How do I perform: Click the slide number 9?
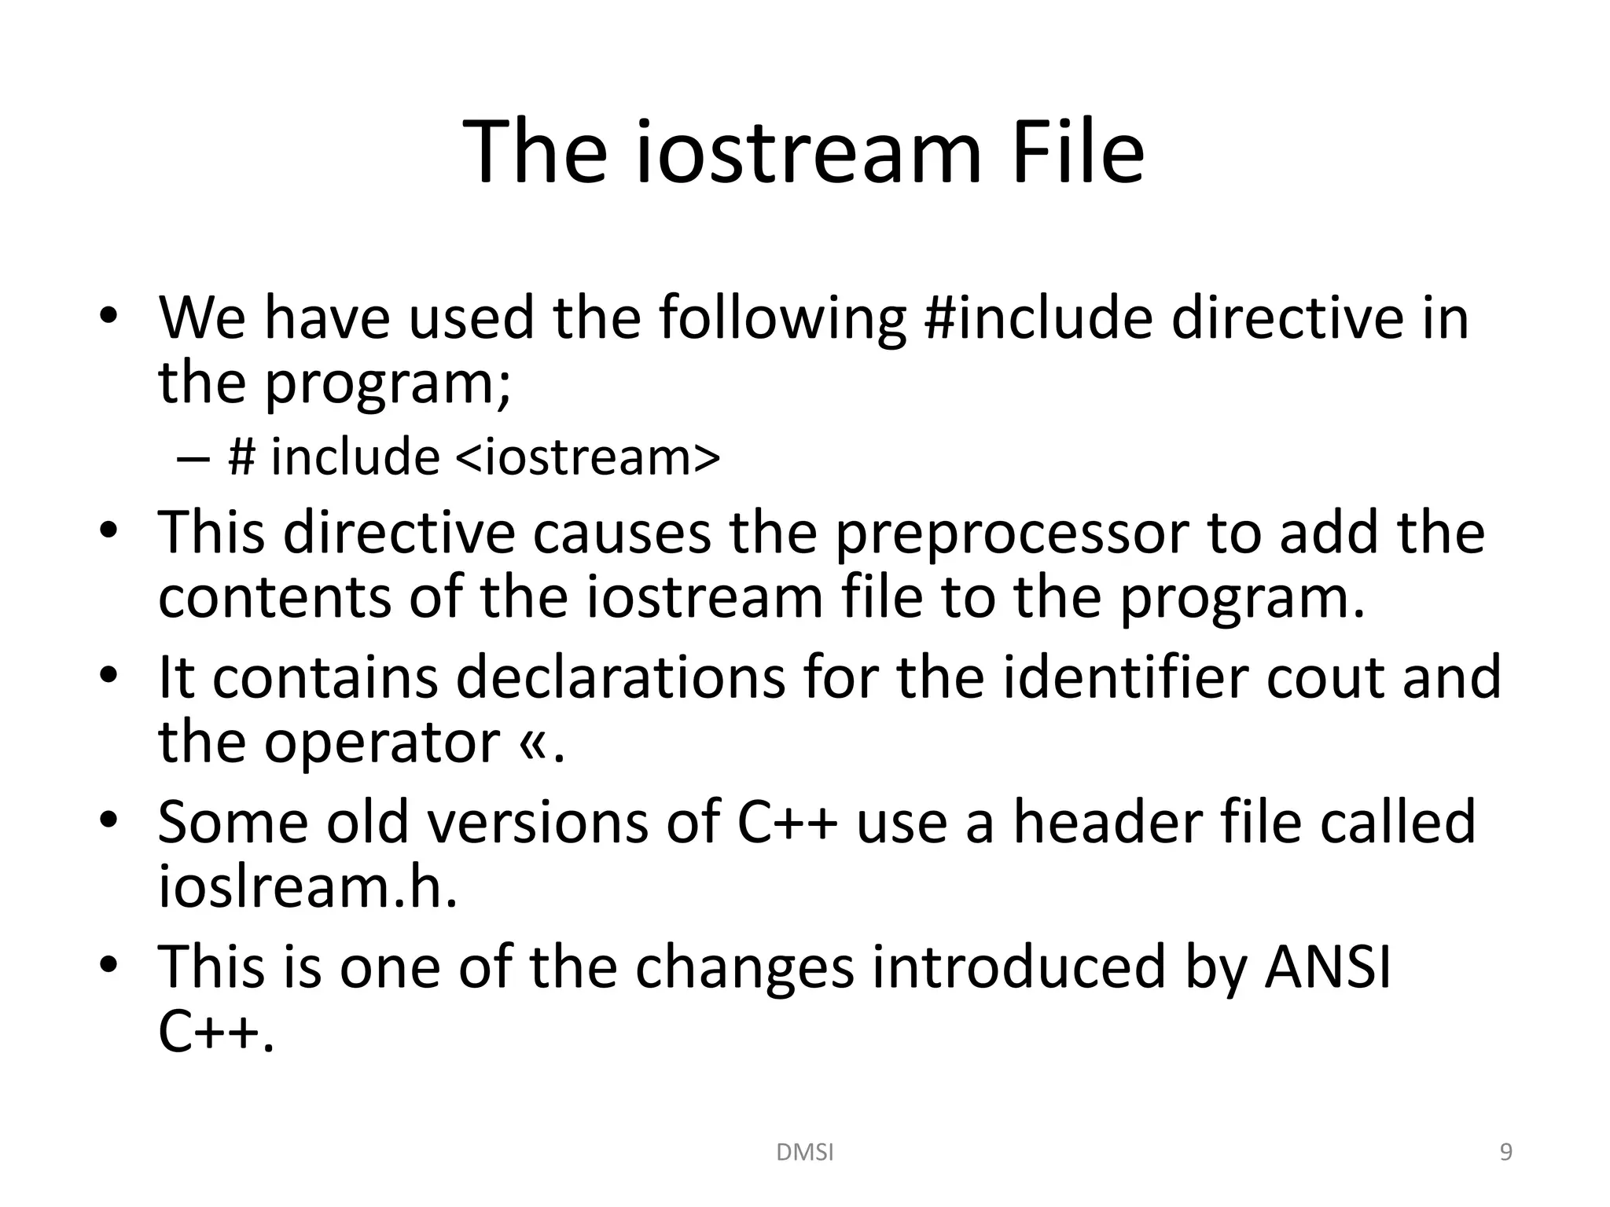1505,1152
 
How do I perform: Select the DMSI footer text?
804,1152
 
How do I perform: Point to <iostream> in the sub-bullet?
587,457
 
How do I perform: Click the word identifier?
1125,678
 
